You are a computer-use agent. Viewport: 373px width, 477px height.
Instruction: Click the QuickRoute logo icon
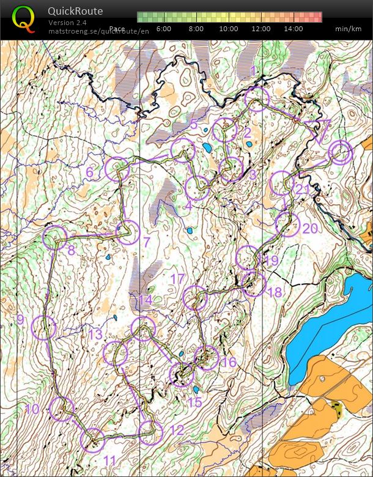pos(23,19)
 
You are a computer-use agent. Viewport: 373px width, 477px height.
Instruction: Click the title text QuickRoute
pos(75,11)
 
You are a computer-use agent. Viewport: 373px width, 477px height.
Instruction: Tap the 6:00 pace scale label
pos(164,29)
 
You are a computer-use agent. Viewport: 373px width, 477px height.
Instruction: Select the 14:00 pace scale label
pos(294,29)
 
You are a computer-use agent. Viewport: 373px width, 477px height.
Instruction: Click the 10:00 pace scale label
pos(229,29)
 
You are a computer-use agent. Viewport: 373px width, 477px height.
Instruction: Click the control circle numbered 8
pos(55,237)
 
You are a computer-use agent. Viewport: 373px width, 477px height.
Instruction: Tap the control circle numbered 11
pos(92,440)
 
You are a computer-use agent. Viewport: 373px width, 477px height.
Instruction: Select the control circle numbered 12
pos(150,432)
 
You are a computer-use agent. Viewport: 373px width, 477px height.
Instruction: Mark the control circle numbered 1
pos(257,98)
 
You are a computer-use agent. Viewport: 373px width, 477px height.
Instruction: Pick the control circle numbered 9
pos(44,328)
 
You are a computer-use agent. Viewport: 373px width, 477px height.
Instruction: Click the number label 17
pos(177,279)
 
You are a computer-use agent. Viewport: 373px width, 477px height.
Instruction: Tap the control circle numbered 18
pos(253,284)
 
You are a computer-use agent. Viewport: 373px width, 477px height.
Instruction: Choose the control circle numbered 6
pos(117,169)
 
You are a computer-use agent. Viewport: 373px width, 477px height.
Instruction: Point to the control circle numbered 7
pos(128,232)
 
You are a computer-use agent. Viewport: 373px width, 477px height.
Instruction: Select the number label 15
pos(194,402)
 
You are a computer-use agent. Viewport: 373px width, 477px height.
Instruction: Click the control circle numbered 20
pos(287,224)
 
